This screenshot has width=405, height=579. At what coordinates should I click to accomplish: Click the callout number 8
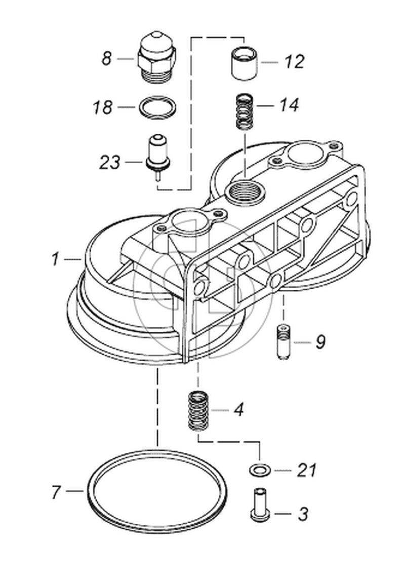click(x=106, y=59)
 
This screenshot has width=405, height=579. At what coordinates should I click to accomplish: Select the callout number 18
click(x=103, y=107)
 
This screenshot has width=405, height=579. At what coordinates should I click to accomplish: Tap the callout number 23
click(x=110, y=163)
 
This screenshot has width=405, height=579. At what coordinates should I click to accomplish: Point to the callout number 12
click(x=294, y=62)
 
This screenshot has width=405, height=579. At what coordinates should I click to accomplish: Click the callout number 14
click(x=289, y=106)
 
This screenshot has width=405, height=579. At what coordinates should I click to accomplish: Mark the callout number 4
click(x=238, y=409)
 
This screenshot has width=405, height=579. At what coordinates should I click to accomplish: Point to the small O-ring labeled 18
click(x=157, y=107)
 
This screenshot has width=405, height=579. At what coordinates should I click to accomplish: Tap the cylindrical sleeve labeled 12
click(x=245, y=63)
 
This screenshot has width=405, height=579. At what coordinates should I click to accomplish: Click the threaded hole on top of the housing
click(x=242, y=192)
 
